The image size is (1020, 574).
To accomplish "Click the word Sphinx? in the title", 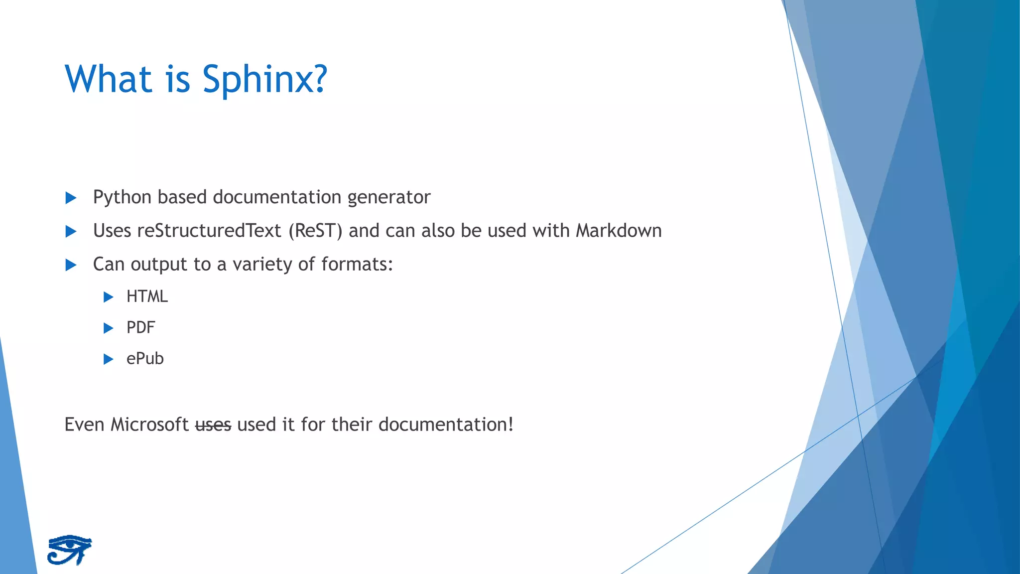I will [x=264, y=80].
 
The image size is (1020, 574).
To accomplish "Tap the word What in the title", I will [x=108, y=80].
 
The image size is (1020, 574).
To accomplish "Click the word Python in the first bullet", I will [x=122, y=198].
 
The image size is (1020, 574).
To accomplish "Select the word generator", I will [x=388, y=198].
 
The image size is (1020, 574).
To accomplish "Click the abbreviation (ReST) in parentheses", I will [x=315, y=231].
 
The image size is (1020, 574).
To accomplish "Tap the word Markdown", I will [x=619, y=231].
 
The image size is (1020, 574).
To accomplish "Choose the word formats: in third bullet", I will [x=357, y=265].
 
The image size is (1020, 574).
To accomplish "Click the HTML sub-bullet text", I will [x=147, y=297].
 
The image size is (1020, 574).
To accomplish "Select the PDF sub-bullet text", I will [x=140, y=328].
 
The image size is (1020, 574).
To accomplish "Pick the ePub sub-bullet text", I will [x=145, y=359].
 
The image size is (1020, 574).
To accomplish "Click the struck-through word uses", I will [x=213, y=425].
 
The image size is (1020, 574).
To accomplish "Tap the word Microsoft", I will [x=149, y=425].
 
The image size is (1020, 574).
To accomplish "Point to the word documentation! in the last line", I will [x=446, y=425].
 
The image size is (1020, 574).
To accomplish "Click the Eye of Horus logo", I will [x=70, y=550].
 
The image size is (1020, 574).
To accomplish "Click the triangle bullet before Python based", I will [x=71, y=198].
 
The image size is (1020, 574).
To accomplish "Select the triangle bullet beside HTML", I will [x=108, y=297].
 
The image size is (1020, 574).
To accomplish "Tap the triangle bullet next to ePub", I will [x=108, y=359].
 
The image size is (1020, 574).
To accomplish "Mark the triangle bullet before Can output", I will [x=71, y=265].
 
